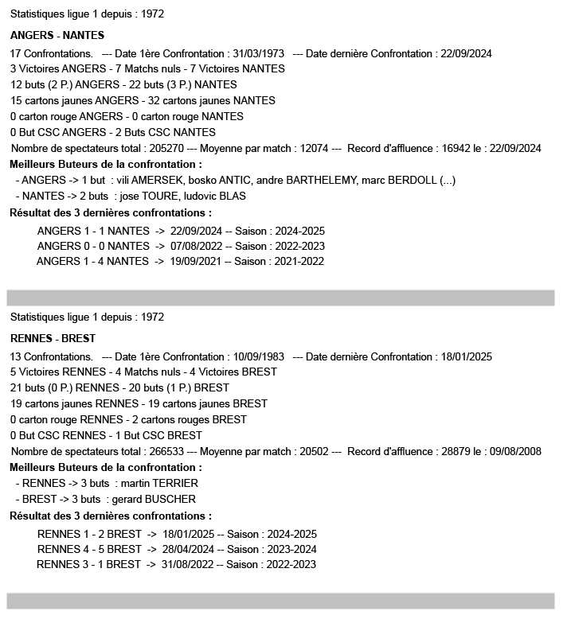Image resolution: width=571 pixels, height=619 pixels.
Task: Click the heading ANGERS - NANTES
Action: [x=57, y=36]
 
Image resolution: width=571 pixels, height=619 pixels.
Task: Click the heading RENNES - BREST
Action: [x=53, y=338]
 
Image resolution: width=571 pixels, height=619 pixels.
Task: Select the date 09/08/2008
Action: [x=513, y=452]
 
